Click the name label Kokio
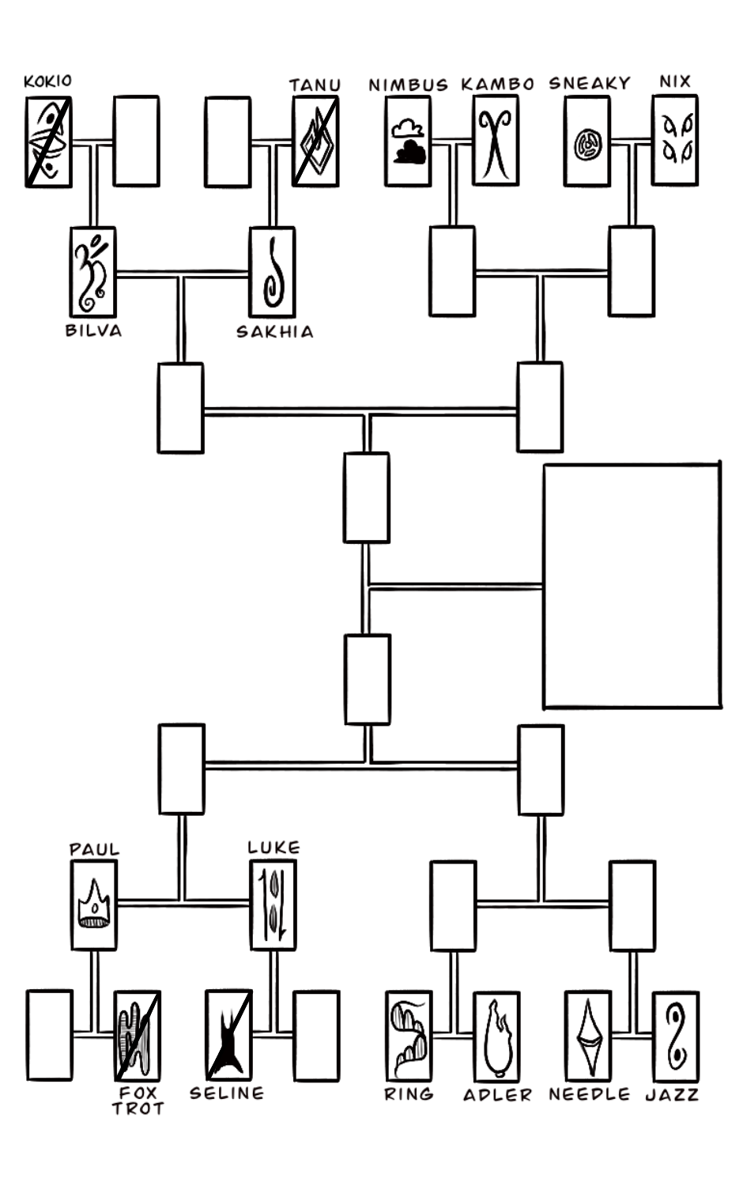pos(47,81)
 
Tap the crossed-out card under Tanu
pos(315,142)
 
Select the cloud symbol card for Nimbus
pos(408,142)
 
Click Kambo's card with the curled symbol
pos(496,142)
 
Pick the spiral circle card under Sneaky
pos(587,142)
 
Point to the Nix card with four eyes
pos(675,141)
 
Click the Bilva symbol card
pos(92,272)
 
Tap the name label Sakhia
pos(275,332)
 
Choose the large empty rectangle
pos(632,586)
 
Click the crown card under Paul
pos(94,905)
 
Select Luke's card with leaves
pos(273,905)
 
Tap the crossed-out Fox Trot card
pos(138,1035)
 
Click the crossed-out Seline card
pos(228,1035)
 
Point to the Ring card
pos(409,1036)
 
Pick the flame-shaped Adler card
pos(496,1036)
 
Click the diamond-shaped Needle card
pos(588,1036)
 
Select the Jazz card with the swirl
pos(676,1036)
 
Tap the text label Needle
pos(590,1094)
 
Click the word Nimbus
pos(408,85)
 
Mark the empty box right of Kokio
pos(136,142)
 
